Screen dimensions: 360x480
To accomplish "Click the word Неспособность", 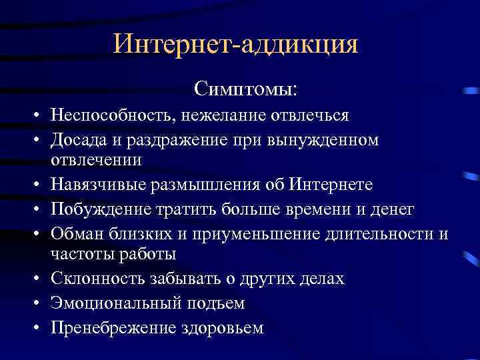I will click(x=110, y=115).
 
